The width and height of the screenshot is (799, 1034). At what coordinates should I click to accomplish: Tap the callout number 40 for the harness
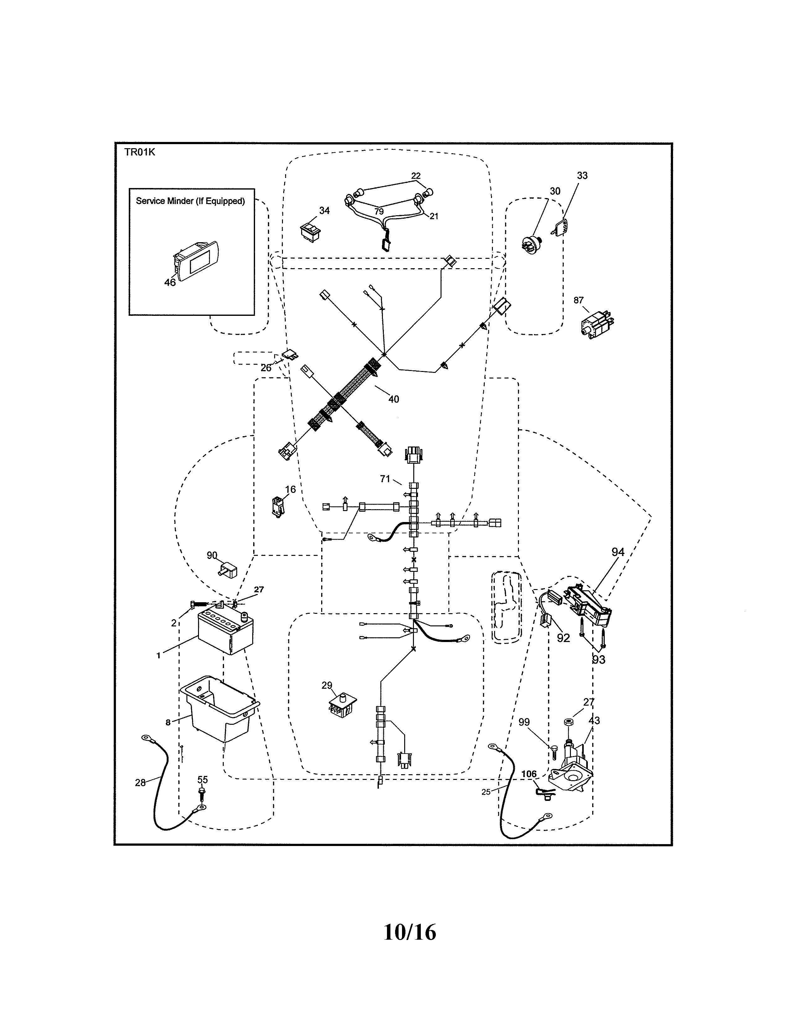point(393,399)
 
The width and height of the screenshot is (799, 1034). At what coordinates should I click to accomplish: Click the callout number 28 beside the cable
point(140,783)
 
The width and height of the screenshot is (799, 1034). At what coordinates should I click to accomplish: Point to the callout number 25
point(486,791)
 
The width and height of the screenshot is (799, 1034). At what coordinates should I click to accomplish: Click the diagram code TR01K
point(140,152)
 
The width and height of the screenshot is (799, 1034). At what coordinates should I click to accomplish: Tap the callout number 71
point(385,479)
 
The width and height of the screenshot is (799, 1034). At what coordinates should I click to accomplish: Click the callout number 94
point(618,551)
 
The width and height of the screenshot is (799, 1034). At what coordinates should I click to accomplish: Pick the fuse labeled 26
point(289,355)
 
